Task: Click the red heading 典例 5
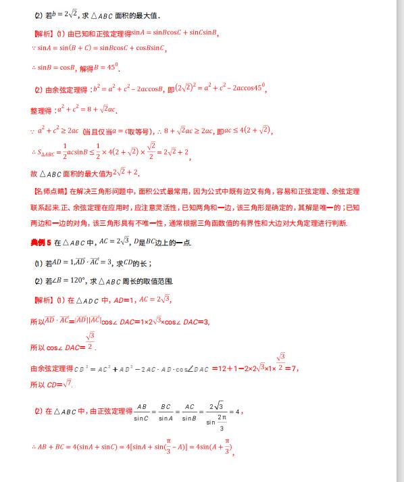[x=41, y=241]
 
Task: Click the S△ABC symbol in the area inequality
[x=49, y=153]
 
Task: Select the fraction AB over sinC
[x=141, y=411]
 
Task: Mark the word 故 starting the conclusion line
[x=34, y=173]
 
